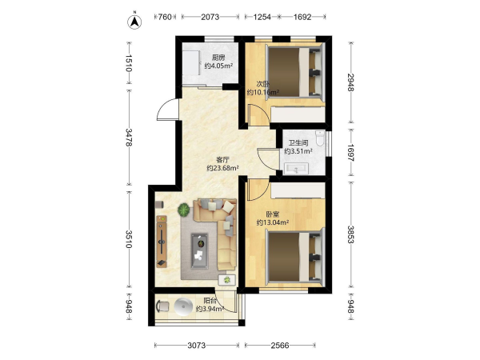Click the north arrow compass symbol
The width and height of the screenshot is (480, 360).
pyautogui.click(x=134, y=22)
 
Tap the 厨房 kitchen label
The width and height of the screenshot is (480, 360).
pyautogui.click(x=218, y=58)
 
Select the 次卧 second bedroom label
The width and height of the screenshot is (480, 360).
pyautogui.click(x=262, y=83)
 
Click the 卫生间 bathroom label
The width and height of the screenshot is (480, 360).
pyautogui.click(x=298, y=142)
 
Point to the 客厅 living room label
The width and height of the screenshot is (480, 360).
pyautogui.click(x=222, y=159)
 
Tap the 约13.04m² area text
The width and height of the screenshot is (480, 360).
pyautogui.click(x=273, y=222)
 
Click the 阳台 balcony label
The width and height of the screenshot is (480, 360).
pyautogui.click(x=210, y=301)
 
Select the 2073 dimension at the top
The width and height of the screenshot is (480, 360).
pyautogui.click(x=210, y=17)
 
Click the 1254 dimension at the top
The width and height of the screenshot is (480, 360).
pyautogui.click(x=262, y=17)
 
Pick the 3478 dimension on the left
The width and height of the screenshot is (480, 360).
pyautogui.click(x=129, y=137)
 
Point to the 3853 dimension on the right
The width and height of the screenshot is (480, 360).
pyautogui.click(x=351, y=234)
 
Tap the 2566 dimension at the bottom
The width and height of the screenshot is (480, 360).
pyautogui.click(x=280, y=346)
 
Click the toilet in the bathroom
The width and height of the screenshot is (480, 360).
pyautogui.click(x=320, y=138)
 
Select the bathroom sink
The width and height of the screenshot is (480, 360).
pyautogui.click(x=296, y=169)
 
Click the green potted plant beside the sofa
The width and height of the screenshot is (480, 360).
pyautogui.click(x=183, y=210)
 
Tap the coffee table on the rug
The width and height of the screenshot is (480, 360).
pyautogui.click(x=199, y=251)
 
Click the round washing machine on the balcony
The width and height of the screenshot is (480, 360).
pyautogui.click(x=183, y=306)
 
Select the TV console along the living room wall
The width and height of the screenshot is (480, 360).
pyautogui.click(x=162, y=242)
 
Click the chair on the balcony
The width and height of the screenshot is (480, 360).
pyautogui.click(x=162, y=306)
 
